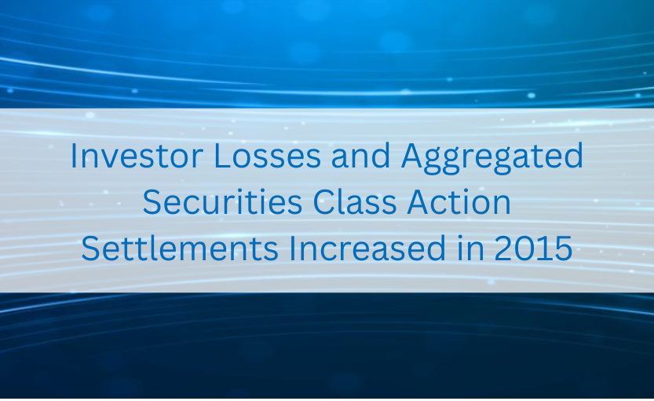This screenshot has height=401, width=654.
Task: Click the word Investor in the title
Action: click(137, 156)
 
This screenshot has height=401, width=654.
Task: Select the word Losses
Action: click(268, 156)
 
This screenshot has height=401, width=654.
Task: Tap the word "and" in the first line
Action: click(361, 156)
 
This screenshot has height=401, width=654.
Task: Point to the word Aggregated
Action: click(492, 158)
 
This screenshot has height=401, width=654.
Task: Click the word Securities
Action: click(223, 202)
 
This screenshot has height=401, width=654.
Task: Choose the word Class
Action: click(355, 201)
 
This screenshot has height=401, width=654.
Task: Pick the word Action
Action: click(459, 202)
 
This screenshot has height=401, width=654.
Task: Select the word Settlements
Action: click(180, 248)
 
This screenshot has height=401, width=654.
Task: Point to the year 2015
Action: click(533, 248)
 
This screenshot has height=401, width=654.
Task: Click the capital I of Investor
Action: click(73, 156)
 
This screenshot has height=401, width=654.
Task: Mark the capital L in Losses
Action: click(222, 156)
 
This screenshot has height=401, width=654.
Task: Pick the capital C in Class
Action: click(324, 202)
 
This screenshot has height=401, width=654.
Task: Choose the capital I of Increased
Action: click(291, 248)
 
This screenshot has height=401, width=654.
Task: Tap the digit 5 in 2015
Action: click(564, 248)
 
